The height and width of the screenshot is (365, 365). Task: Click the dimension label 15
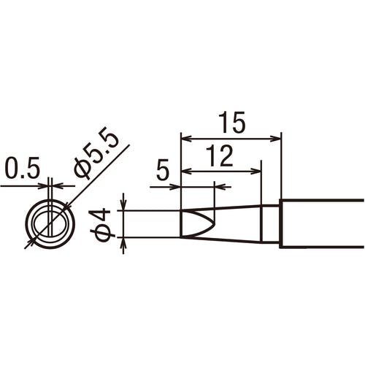pyautogui.click(x=231, y=123)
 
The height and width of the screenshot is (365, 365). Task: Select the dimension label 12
pyautogui.click(x=219, y=156)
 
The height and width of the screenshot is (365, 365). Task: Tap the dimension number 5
pyautogui.click(x=163, y=170)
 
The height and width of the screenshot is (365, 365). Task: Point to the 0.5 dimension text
pyautogui.click(x=22, y=168)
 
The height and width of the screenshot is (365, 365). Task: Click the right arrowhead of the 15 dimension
pyautogui.click(x=277, y=139)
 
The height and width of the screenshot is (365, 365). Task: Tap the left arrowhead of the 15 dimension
pyautogui.click(x=186, y=139)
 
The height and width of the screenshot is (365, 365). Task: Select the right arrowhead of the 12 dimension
pyautogui.click(x=256, y=171)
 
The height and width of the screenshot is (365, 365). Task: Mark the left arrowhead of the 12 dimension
pyautogui.click(x=186, y=171)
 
